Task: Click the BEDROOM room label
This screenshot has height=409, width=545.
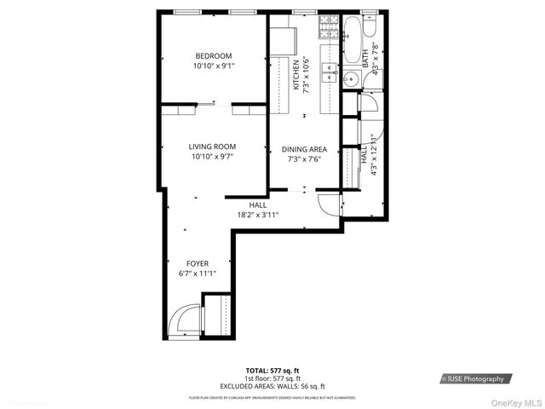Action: (212, 56)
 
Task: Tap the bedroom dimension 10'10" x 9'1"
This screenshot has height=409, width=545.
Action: (212, 66)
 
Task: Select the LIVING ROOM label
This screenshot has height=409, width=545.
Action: (212, 147)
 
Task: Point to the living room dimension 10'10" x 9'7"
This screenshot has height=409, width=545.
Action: (212, 157)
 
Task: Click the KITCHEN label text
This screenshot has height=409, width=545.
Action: (296, 75)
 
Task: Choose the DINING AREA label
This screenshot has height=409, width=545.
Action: (304, 149)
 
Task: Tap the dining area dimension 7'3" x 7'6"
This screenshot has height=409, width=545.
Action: (304, 159)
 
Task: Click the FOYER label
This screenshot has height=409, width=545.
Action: (197, 263)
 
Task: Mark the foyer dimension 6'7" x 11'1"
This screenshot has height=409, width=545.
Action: (197, 274)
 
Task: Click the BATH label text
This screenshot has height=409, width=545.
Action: (366, 59)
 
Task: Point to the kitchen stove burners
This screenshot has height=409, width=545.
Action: (328, 28)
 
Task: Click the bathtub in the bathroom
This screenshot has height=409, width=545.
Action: (350, 42)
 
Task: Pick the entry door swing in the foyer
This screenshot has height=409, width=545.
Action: (183, 322)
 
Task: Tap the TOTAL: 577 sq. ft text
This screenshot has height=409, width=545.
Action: (272, 372)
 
